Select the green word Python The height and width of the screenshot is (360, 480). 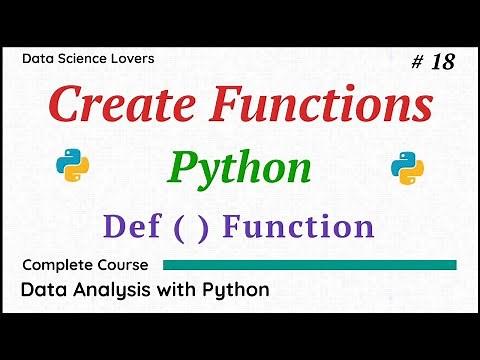pos(239,167)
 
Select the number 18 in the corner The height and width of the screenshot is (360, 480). pos(443,62)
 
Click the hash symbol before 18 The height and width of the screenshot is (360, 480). pos(418,62)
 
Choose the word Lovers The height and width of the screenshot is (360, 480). pos(134,59)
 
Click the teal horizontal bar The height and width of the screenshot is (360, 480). pos(309,265)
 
